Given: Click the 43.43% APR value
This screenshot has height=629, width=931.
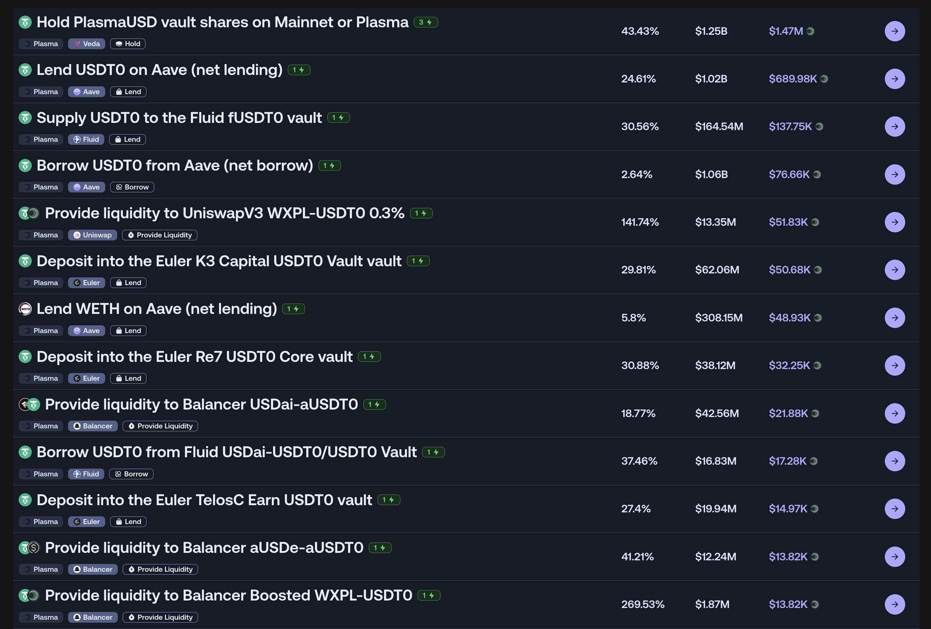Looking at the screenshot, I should (x=640, y=31).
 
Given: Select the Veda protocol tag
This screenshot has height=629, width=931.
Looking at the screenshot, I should (x=87, y=44).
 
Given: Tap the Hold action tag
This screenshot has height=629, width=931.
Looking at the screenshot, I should (x=128, y=44).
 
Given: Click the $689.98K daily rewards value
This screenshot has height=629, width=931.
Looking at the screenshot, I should (x=793, y=79).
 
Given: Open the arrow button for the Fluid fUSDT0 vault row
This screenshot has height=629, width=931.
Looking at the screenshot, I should (x=894, y=127).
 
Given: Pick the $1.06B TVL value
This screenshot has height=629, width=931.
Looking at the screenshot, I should (x=712, y=174).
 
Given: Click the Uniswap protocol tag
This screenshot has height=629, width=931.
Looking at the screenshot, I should (x=93, y=235).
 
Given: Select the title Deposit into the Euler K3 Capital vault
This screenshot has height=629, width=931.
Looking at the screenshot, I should (x=219, y=261).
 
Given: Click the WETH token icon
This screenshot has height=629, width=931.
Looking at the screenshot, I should (x=25, y=309).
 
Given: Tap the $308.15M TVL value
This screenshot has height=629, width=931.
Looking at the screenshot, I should (x=719, y=318).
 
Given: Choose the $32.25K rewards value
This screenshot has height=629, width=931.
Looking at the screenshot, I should (x=789, y=365).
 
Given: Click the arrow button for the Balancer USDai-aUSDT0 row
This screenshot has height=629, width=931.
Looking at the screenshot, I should (x=894, y=413).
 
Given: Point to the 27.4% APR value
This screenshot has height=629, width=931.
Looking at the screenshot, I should (x=636, y=509).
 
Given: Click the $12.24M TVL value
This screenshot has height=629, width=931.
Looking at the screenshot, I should (x=715, y=556).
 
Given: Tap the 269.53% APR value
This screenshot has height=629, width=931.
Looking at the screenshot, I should (x=643, y=604).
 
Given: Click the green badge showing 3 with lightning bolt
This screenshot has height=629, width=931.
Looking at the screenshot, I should (x=425, y=22).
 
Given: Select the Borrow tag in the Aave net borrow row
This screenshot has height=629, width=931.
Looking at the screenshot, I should (x=132, y=187).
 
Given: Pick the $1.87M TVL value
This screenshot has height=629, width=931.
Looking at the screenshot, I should (x=712, y=604).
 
